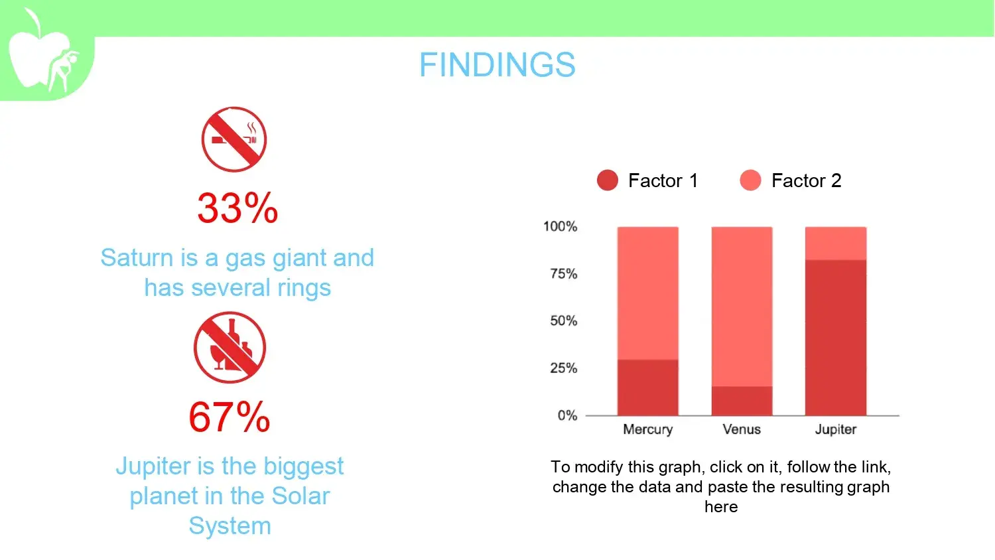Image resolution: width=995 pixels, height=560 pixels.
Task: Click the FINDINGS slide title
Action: point(497,65)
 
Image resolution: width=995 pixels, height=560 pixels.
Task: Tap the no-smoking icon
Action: point(234,139)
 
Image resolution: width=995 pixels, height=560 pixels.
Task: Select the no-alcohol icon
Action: point(230,348)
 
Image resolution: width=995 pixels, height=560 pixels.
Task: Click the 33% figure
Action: point(237,208)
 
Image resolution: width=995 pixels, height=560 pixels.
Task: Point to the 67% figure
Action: point(230,417)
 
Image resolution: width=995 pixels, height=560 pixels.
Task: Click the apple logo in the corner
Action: point(43,51)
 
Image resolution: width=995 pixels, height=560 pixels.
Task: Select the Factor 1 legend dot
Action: point(607,180)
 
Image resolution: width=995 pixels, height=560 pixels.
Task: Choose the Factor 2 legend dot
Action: point(750,180)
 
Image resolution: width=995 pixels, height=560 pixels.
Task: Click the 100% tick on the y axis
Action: point(560,227)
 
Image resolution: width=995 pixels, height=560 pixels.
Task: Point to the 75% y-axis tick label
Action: point(563,274)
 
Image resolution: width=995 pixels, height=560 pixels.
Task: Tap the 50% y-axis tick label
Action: point(563,321)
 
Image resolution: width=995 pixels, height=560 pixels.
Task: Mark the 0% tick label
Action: point(567,415)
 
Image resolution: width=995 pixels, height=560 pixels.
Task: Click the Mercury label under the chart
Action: point(647,430)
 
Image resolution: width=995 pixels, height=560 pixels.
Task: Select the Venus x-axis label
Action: point(742,429)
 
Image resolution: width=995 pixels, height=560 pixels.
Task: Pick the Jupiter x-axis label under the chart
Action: point(836,430)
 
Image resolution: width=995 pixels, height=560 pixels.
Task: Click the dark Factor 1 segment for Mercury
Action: point(647,387)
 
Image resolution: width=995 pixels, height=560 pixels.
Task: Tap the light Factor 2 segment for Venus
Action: point(742,307)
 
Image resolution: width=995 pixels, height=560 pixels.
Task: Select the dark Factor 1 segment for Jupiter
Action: point(836,338)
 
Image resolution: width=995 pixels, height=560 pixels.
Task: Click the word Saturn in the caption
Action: point(137,258)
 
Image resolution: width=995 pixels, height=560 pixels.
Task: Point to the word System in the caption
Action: point(230,526)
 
